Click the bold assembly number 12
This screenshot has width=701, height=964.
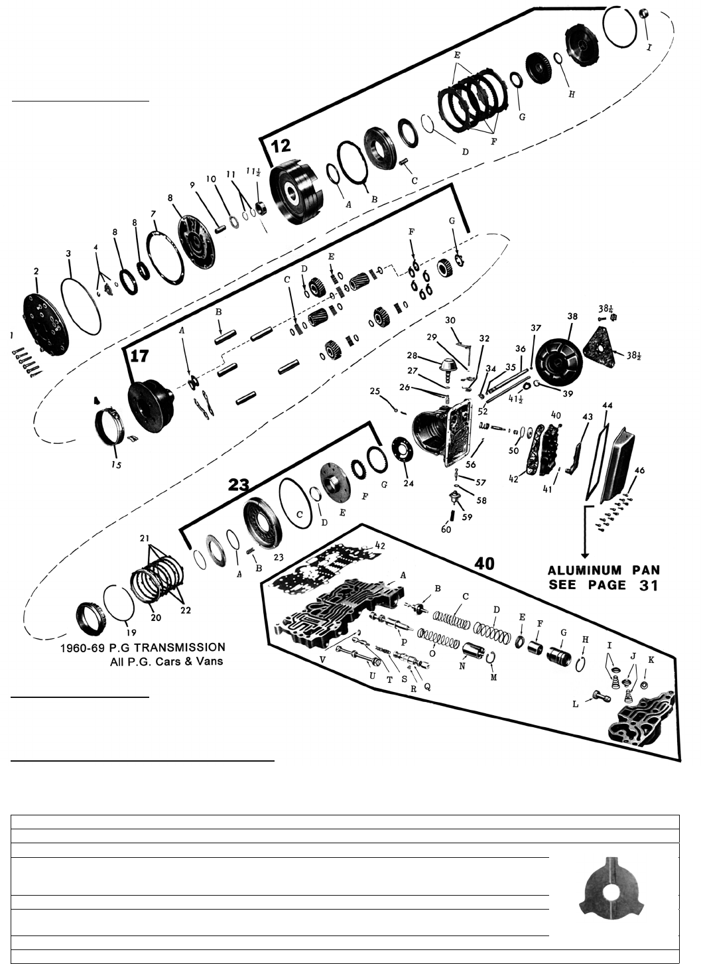coord(281,145)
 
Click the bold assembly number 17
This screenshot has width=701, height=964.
coord(139,356)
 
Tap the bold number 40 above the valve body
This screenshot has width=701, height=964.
coord(485,563)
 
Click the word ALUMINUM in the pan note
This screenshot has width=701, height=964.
coord(584,571)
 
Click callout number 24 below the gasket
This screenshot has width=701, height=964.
coord(409,484)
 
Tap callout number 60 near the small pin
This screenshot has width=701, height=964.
coord(446,529)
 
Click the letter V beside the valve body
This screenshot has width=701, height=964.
coord(323,660)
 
